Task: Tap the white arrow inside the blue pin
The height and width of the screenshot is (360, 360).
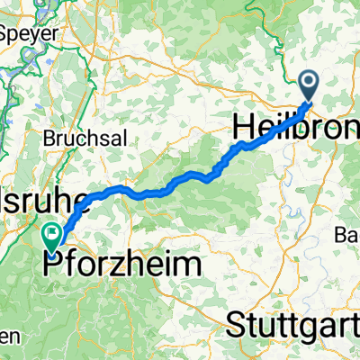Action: coord(309,84)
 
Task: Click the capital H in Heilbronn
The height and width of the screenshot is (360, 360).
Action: coord(243,127)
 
